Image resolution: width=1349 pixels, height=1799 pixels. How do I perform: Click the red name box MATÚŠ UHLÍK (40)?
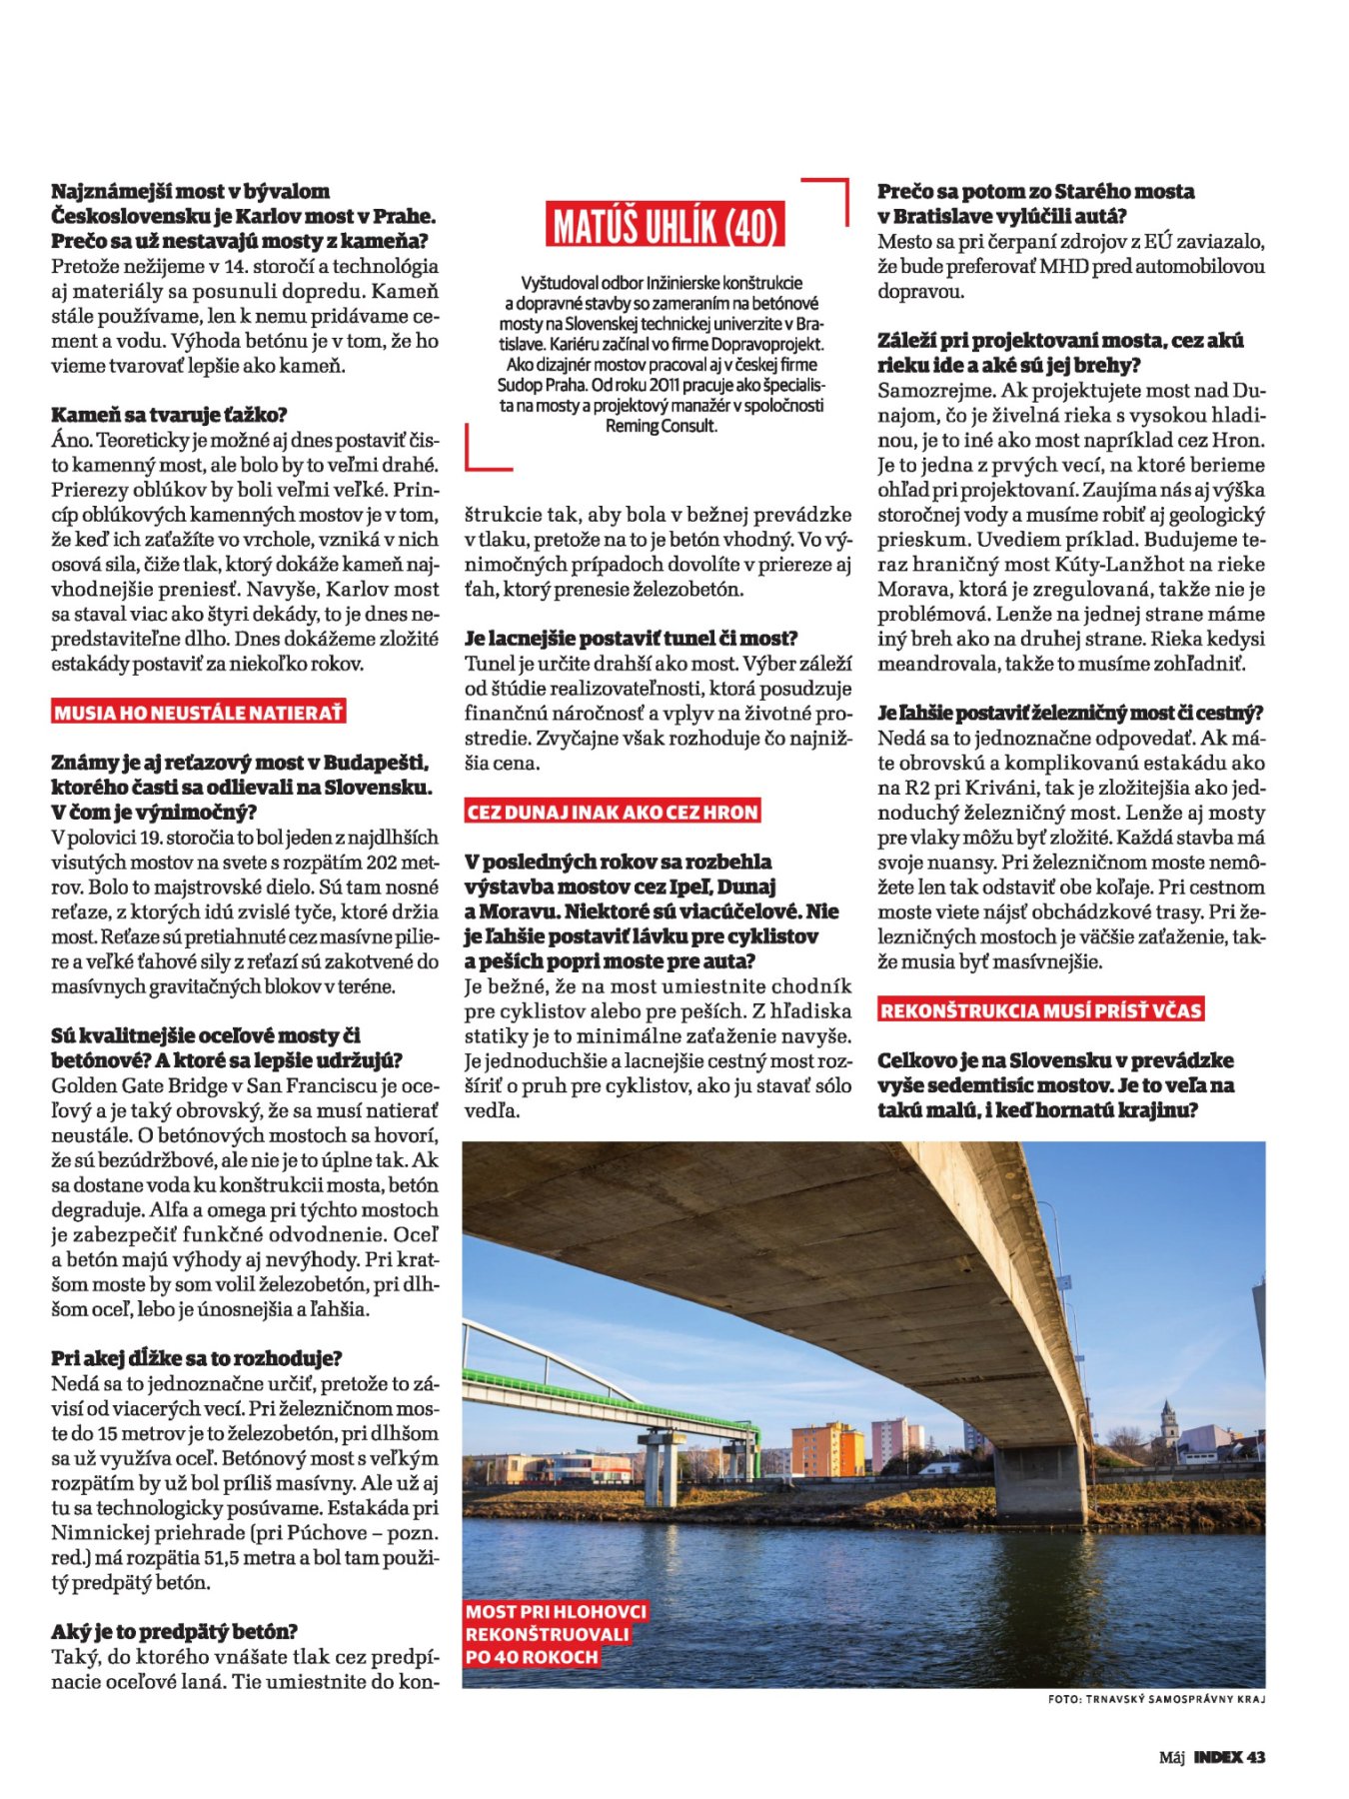pos(666,226)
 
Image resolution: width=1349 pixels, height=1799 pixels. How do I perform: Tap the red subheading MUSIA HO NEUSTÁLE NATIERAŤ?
pos(199,713)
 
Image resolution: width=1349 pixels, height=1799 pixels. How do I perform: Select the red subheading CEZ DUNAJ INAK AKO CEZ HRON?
pos(612,812)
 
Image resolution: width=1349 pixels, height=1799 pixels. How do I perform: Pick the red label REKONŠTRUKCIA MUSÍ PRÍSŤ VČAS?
pos(1040,1010)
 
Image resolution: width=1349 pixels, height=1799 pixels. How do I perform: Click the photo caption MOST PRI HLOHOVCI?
pos(556,1611)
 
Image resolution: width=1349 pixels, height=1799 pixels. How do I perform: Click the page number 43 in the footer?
pos(1256,1757)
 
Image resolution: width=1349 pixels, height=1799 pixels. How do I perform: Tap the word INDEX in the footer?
pos(1218,1757)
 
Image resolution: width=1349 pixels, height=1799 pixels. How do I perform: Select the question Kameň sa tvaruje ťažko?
pos(169,415)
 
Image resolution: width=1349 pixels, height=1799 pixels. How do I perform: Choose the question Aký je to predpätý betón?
pos(175,1632)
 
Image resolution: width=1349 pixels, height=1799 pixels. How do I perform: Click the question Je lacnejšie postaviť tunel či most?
pos(632,639)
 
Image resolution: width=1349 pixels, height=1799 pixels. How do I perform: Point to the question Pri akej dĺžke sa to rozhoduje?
pos(197,1358)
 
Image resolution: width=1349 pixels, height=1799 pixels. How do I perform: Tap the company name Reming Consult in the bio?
pos(662,426)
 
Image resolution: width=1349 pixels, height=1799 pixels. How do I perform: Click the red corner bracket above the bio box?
pos(827,198)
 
